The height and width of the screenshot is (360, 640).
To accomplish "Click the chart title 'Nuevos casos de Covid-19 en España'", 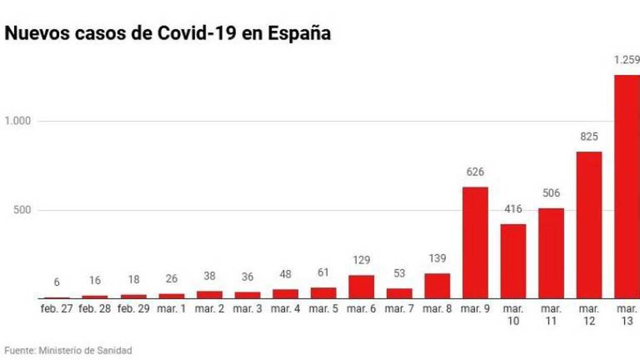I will click(167, 34).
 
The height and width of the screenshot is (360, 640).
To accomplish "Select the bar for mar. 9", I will click(475, 243).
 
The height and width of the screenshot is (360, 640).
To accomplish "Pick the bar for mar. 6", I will click(361, 287).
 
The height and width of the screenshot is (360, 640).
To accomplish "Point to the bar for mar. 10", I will click(513, 261).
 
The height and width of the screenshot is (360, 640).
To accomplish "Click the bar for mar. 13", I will click(627, 187).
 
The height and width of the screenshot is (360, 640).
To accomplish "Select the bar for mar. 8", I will click(437, 286).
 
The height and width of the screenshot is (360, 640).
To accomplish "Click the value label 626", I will click(475, 172).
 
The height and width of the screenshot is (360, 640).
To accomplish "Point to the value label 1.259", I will click(627, 61).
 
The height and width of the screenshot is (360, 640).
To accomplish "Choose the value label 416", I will click(513, 209).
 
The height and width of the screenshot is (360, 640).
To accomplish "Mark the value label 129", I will click(361, 261).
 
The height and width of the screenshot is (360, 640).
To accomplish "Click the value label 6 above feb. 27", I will click(56, 283).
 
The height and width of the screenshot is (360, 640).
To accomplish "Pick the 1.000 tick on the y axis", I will click(18, 121).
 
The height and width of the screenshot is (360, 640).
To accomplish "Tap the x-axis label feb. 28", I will click(94, 309).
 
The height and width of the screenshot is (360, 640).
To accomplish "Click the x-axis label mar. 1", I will click(171, 309).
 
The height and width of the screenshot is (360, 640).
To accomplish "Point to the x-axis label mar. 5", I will click(323, 309).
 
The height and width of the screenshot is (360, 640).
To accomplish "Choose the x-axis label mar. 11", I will click(551, 315).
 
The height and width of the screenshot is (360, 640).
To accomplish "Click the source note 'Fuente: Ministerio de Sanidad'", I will click(68, 351).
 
